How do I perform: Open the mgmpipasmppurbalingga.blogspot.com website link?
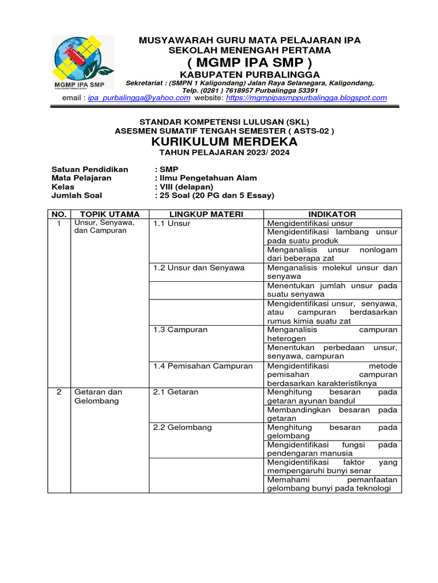point(306,98)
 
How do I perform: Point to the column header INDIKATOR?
point(332,214)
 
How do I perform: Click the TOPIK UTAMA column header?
point(108,214)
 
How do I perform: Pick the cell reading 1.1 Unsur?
point(172,223)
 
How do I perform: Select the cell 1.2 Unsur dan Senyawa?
point(198,268)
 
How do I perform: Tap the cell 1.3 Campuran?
point(180,330)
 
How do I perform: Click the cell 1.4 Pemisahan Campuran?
point(202,366)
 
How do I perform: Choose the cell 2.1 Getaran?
point(176,392)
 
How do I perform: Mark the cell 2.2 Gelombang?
point(182,428)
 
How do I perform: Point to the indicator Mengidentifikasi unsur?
point(310,223)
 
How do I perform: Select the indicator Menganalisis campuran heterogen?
point(332,334)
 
